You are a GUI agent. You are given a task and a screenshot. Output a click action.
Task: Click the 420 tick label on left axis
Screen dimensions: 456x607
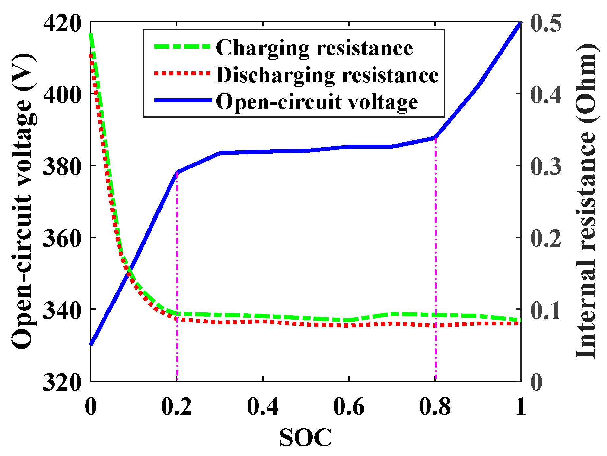point(62,24)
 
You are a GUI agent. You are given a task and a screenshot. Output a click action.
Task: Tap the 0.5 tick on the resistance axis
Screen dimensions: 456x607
point(546,24)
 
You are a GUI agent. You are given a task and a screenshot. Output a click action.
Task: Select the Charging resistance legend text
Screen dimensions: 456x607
point(314,48)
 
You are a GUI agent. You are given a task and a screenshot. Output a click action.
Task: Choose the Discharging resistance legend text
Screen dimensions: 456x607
point(327,75)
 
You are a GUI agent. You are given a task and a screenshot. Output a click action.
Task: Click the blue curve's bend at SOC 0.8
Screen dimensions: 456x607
point(435,137)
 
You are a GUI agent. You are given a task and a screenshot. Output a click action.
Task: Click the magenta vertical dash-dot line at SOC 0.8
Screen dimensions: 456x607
point(435,261)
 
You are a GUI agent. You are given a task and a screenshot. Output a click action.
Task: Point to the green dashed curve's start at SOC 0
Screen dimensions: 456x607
point(91,35)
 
